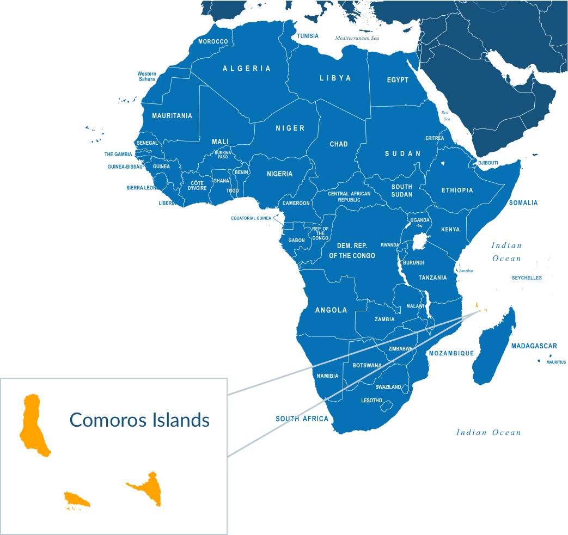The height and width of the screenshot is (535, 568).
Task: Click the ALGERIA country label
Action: (247, 69)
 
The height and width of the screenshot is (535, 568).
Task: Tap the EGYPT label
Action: (398, 80)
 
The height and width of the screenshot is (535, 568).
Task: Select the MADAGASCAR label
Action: (534, 346)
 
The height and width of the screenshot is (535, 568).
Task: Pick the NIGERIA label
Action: (279, 174)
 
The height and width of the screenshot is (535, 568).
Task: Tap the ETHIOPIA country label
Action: (457, 190)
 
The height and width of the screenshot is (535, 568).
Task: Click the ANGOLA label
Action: (331, 310)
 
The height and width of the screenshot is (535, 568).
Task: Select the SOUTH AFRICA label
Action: (302, 419)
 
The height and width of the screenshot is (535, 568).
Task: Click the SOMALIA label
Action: (523, 203)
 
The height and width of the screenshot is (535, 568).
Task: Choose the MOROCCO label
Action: (213, 41)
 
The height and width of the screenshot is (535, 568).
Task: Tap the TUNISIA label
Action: (307, 36)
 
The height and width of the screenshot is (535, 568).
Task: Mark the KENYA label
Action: (450, 230)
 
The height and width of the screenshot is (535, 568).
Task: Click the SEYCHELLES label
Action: (527, 278)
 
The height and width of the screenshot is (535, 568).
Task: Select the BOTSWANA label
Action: (367, 365)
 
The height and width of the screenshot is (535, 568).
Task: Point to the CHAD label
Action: (338, 144)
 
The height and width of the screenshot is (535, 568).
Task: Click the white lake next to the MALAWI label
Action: (428, 305)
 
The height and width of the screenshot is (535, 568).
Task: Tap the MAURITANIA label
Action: (172, 116)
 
